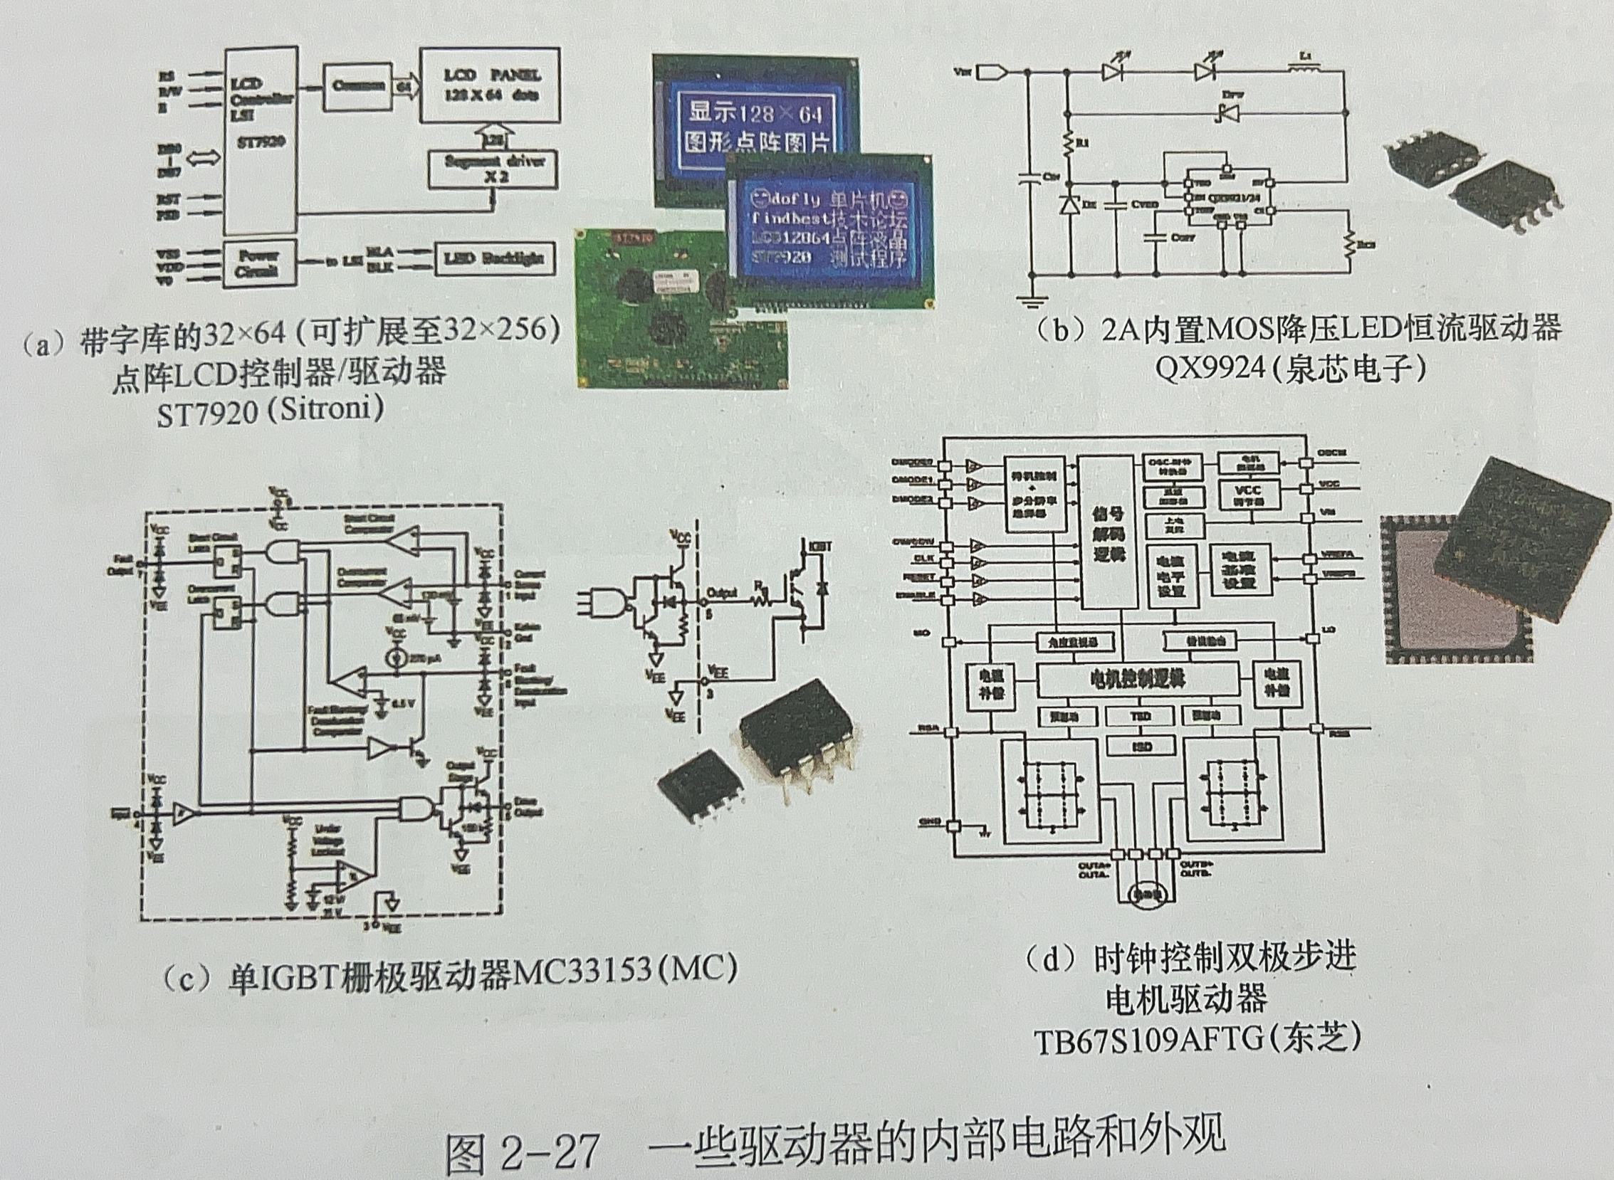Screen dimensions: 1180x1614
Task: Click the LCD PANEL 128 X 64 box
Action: [x=489, y=85]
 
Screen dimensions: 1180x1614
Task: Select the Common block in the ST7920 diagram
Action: [x=357, y=85]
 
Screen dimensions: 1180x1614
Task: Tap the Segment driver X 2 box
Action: [x=493, y=169]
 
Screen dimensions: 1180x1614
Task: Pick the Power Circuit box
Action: [x=259, y=263]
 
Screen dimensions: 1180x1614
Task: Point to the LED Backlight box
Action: [x=494, y=258]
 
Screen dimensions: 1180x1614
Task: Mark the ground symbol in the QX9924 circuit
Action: [x=1029, y=301]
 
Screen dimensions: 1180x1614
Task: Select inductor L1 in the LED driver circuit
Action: [x=1304, y=69]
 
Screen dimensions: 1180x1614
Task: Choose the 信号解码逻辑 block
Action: [x=1107, y=533]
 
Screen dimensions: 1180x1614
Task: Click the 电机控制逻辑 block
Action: [x=1137, y=678]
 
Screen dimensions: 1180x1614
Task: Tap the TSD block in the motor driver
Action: [x=1140, y=716]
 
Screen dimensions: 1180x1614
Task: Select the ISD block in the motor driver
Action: [x=1140, y=746]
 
